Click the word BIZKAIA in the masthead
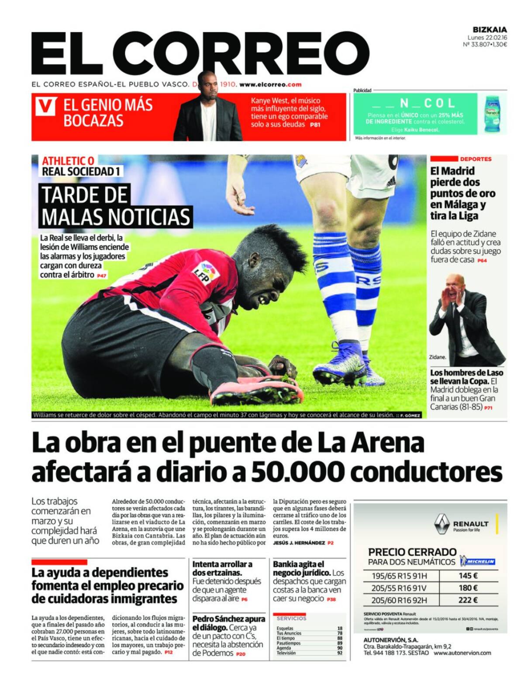coord(490,30)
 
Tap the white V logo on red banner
coord(45,107)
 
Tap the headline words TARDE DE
coord(84,195)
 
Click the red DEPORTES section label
coord(475,159)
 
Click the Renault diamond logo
coord(442,523)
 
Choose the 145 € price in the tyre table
coord(468,576)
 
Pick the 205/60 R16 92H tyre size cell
coord(399,600)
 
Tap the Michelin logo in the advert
coord(480,561)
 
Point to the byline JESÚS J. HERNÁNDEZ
coord(299,543)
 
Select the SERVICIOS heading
coord(291,619)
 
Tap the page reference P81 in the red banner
coord(315,125)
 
